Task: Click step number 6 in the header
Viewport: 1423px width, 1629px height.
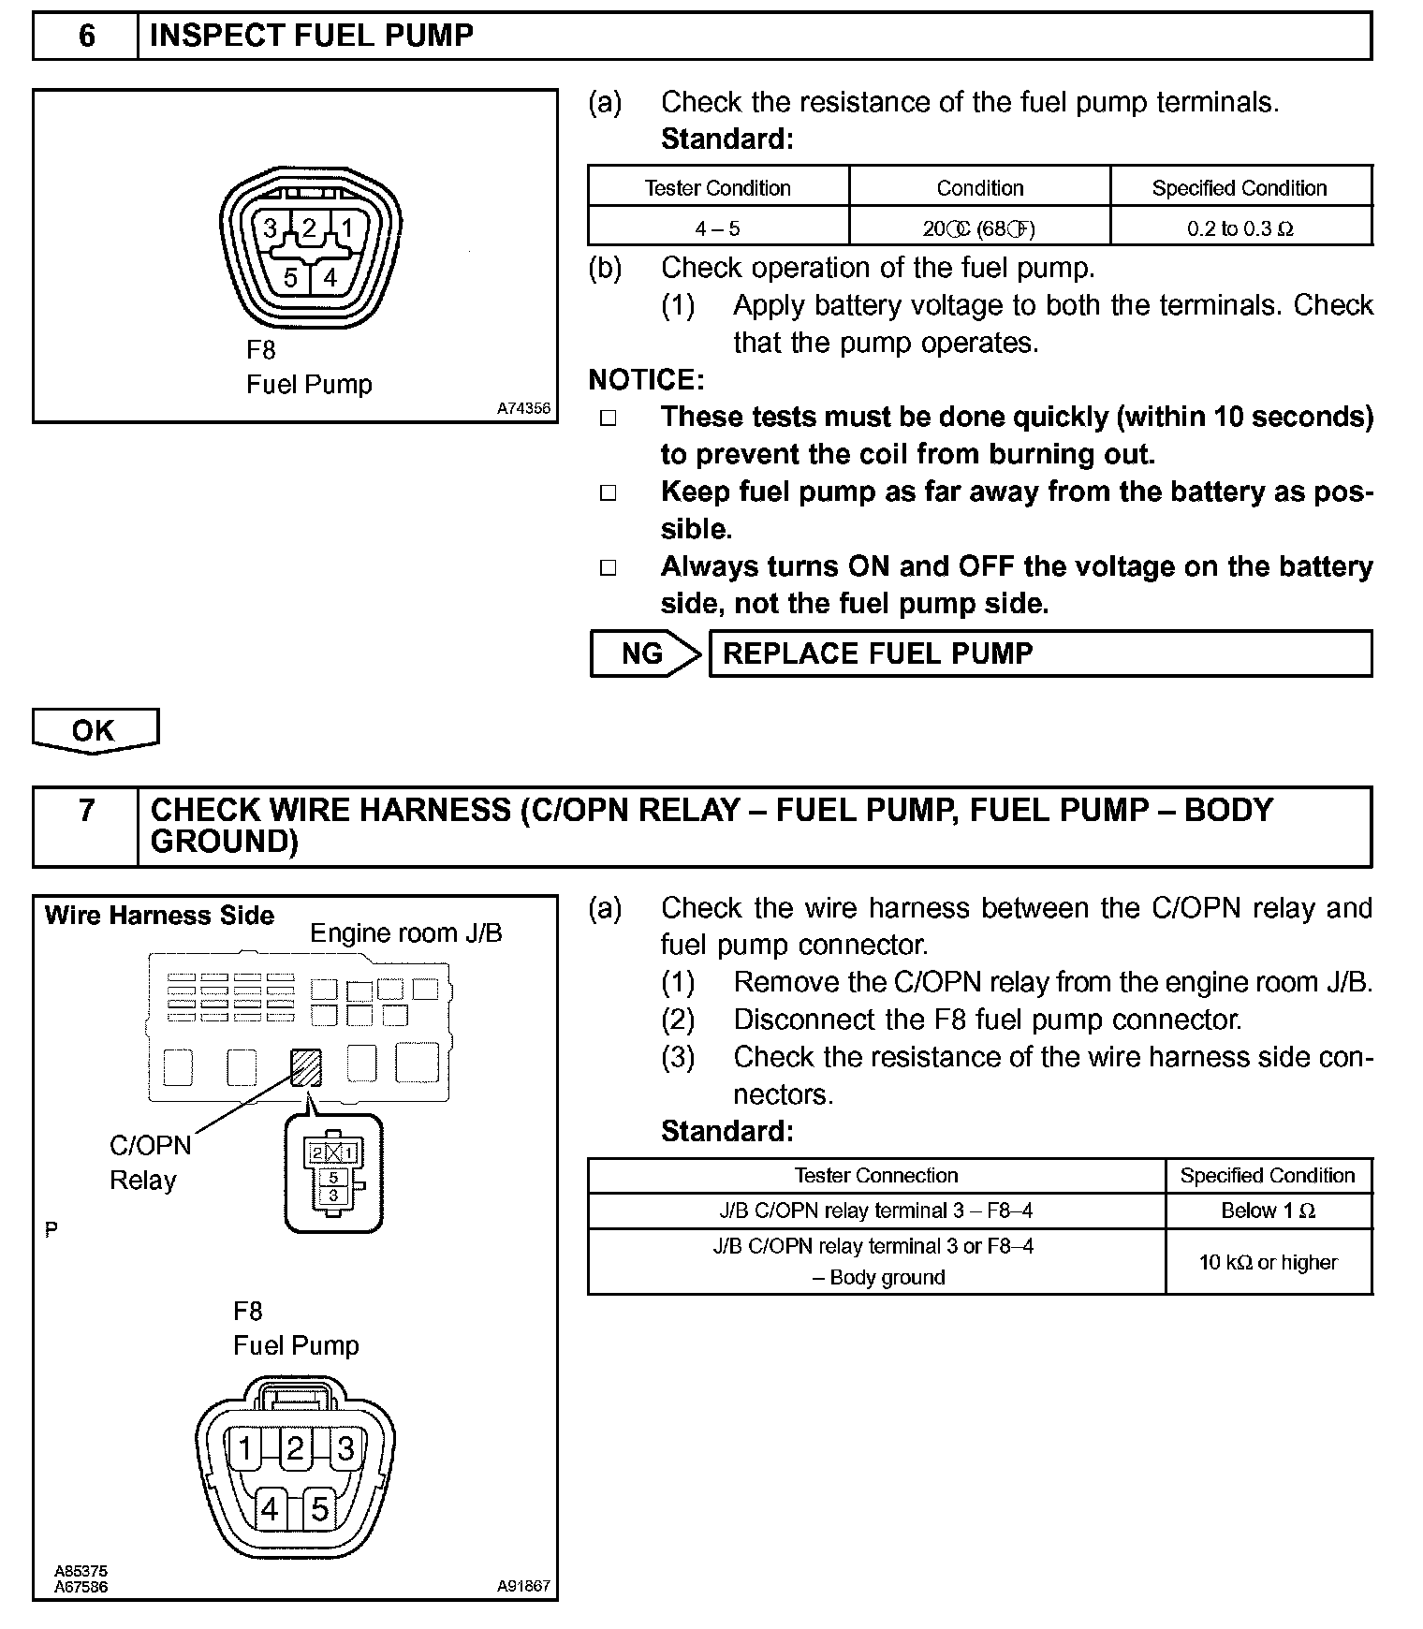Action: (86, 37)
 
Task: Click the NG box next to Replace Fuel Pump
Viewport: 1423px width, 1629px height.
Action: (642, 653)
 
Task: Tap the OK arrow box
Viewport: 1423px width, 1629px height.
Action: (94, 730)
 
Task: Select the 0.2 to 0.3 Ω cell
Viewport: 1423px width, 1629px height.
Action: (1240, 228)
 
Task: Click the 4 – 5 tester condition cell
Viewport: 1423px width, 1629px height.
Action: (718, 228)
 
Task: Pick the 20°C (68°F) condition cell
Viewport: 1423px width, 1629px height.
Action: (979, 228)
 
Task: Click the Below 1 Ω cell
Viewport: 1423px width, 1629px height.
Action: (1268, 1211)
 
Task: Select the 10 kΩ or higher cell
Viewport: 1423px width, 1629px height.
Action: (1268, 1262)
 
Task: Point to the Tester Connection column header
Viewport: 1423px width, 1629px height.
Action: (876, 1175)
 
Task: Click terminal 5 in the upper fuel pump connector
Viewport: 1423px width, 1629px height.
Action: (291, 277)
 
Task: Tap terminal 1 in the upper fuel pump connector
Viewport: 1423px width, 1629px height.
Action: (347, 228)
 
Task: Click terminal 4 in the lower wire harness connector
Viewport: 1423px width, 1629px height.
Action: (270, 1508)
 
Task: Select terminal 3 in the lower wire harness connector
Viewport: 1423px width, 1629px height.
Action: (345, 1448)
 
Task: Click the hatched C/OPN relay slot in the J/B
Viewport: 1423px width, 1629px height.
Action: (306, 1067)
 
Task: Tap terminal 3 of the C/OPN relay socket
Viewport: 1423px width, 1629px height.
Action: (333, 1196)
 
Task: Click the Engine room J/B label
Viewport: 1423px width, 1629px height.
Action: (405, 932)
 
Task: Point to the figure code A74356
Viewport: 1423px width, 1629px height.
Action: (523, 408)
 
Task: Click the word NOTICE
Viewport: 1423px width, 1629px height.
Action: (645, 380)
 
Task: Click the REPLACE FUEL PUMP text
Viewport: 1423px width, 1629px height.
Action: (877, 653)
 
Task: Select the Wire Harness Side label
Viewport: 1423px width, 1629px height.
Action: (159, 916)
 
